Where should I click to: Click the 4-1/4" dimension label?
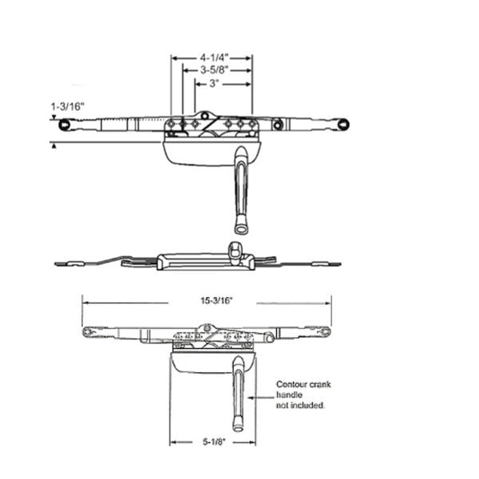pyautogui.click(x=213, y=58)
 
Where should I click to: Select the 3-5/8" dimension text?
pyautogui.click(x=213, y=70)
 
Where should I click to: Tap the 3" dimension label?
pyautogui.click(x=214, y=83)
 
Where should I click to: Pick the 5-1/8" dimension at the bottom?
pyautogui.click(x=212, y=441)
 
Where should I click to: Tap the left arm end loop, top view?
pyautogui.click(x=64, y=125)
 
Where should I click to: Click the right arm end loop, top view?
pyautogui.click(x=343, y=125)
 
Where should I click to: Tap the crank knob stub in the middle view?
pyautogui.click(x=236, y=248)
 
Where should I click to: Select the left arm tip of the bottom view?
pyautogui.click(x=87, y=331)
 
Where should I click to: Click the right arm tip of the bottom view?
pyautogui.click(x=325, y=331)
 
